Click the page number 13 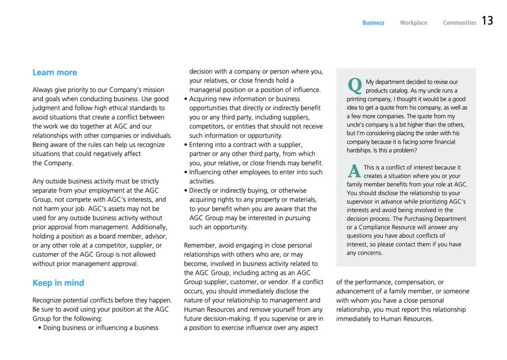[x=487, y=21]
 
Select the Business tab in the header [x=373, y=23]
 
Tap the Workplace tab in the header [x=413, y=23]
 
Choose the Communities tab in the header [x=459, y=23]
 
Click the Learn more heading [x=54, y=72]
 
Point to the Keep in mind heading [x=58, y=283]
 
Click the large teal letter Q [x=355, y=86]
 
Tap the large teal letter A [x=354, y=171]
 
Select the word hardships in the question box [x=362, y=150]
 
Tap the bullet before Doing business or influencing [x=40, y=328]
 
